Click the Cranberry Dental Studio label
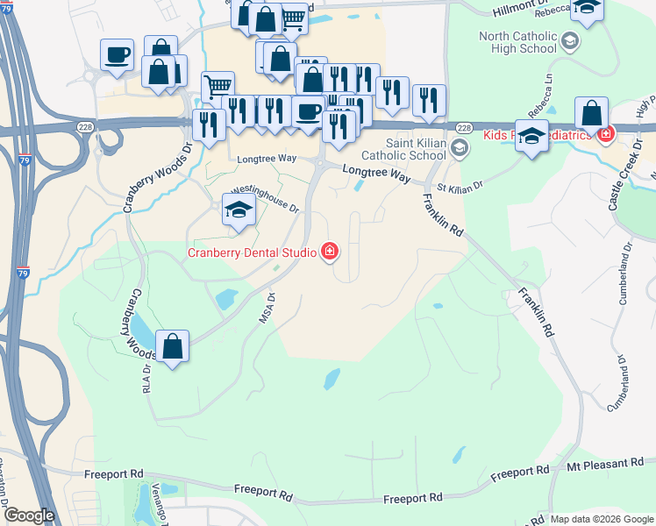pyautogui.click(x=253, y=252)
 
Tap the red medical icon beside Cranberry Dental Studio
pyautogui.click(x=330, y=252)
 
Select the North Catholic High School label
pyautogui.click(x=518, y=42)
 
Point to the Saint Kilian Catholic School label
pyautogui.click(x=416, y=149)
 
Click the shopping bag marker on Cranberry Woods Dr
pyautogui.click(x=174, y=347)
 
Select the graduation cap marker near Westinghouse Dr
pyautogui.click(x=239, y=210)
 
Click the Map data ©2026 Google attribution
pyautogui.click(x=602, y=519)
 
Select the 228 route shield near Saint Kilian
pyautogui.click(x=464, y=129)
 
